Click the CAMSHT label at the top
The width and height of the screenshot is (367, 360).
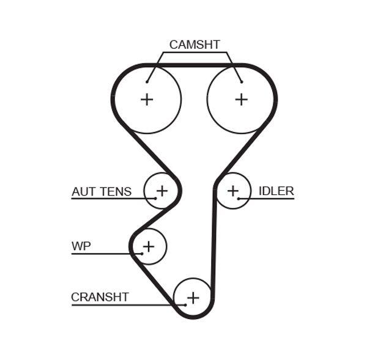point(194,45)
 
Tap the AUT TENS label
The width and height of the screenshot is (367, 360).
point(102,191)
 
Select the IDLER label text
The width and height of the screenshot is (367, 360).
point(276,191)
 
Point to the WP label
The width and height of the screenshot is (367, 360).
point(81,246)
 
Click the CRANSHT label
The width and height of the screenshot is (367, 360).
point(100,297)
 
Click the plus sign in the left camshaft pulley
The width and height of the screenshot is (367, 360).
point(147,99)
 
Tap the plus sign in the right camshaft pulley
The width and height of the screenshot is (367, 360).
point(242,99)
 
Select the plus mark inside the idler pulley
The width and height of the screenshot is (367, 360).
point(232,191)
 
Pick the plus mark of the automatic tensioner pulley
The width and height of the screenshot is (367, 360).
point(161,191)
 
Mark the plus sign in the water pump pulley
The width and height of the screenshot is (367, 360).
point(148,246)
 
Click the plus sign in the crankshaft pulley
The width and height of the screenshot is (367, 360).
point(193,298)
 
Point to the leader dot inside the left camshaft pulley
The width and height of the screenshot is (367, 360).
point(147,81)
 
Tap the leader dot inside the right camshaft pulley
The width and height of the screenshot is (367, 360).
point(242,81)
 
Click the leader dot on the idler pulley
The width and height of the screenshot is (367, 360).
point(239,199)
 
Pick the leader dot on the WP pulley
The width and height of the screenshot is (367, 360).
point(142,254)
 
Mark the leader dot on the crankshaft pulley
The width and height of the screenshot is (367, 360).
point(184,304)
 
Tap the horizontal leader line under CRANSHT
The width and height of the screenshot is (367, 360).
point(122,304)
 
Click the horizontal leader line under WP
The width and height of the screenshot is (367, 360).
point(104,254)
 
